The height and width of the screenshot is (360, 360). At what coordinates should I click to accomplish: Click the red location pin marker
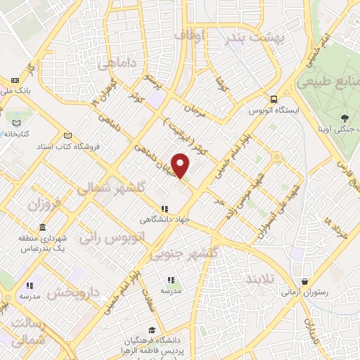tap(181, 165)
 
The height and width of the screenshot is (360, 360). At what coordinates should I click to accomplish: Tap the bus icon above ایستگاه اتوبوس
tap(274, 99)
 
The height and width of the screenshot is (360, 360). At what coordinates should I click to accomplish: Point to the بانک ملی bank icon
tap(15, 81)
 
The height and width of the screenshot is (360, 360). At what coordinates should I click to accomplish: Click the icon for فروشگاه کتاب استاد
tap(67, 136)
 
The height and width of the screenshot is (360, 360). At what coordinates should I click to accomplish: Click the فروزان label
tap(46, 206)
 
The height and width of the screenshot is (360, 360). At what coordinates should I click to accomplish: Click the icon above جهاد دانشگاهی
tap(165, 209)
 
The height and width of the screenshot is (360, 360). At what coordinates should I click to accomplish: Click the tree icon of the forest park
tap(344, 117)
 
